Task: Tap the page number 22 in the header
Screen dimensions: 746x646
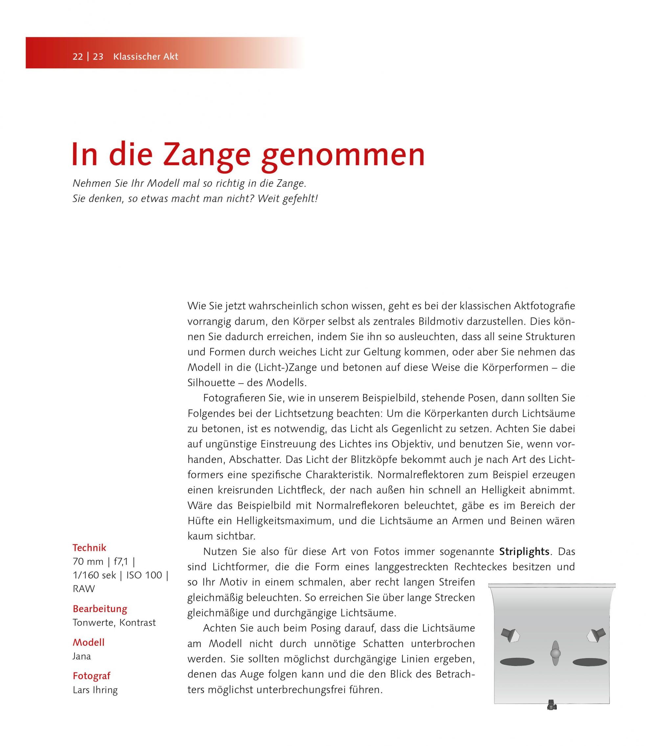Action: tap(78, 57)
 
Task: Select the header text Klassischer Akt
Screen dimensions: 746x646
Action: tap(146, 57)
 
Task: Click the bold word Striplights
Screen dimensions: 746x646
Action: tap(524, 552)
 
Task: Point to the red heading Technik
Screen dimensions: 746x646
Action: tap(89, 548)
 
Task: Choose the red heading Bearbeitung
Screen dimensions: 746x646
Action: tap(100, 609)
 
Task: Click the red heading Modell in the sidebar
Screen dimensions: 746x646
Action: tap(89, 642)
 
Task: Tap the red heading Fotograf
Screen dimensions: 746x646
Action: tap(92, 676)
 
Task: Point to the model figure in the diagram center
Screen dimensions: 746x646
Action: tap(555, 653)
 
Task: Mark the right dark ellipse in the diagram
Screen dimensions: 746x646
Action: tap(590, 662)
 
